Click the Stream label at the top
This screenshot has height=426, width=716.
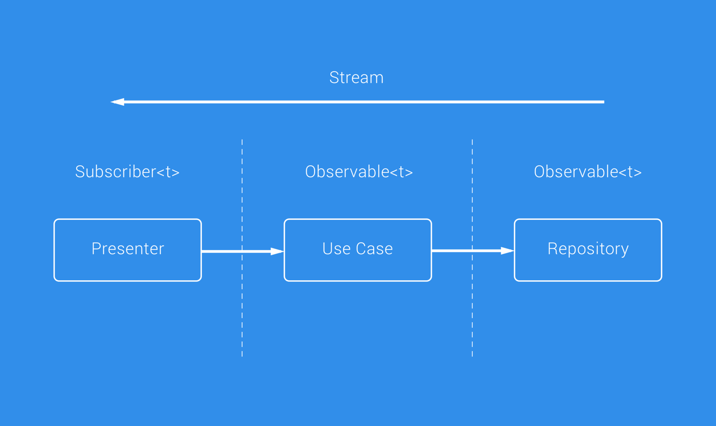(x=356, y=78)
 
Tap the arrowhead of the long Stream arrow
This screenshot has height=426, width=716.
(x=118, y=102)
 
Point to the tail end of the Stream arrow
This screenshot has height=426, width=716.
(x=602, y=102)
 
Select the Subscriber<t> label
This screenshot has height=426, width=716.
(x=127, y=172)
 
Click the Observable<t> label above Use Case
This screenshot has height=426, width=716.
(x=358, y=172)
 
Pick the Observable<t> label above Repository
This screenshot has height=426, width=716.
(x=588, y=172)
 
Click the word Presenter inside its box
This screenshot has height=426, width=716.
(x=128, y=249)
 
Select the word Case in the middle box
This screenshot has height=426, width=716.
(x=374, y=249)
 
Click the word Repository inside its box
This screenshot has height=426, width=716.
(x=588, y=249)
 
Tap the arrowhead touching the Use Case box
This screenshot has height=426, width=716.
(x=277, y=251)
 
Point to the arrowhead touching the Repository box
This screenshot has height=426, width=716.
(x=507, y=251)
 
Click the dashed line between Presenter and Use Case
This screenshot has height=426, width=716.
(x=242, y=313)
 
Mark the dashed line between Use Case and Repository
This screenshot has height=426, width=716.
(x=472, y=313)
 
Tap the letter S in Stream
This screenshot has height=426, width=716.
(x=334, y=78)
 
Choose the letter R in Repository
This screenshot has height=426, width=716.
(x=552, y=248)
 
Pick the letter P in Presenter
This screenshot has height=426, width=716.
(x=95, y=248)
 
